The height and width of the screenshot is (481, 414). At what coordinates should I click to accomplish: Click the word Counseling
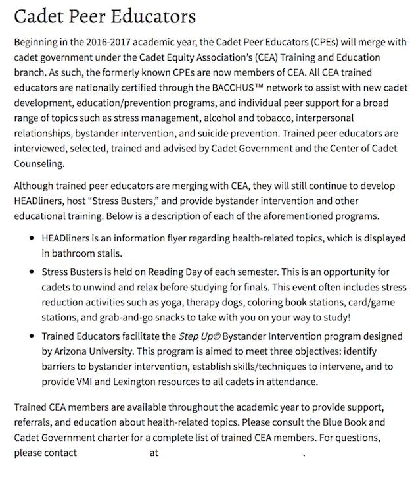[39, 163]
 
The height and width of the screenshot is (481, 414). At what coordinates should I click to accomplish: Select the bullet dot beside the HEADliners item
[31, 238]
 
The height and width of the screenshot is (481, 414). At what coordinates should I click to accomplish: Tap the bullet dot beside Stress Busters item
[31, 271]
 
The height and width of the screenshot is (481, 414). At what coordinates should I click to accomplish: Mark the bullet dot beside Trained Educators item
[31, 336]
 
